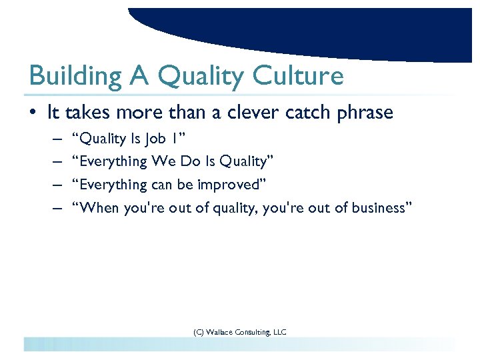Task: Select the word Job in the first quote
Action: coord(158,139)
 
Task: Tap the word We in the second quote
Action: coord(163,161)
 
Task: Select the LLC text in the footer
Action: coord(279,331)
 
